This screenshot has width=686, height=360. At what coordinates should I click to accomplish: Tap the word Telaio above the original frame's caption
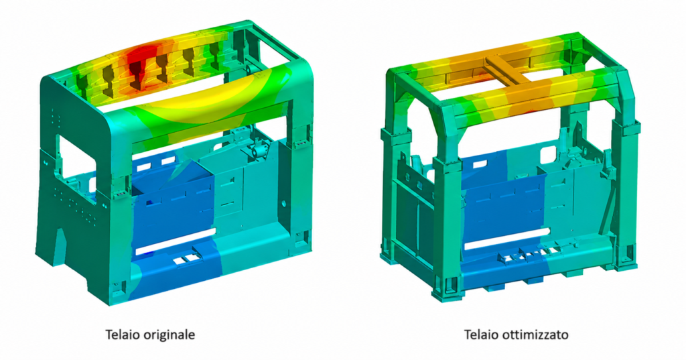click(119, 335)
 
